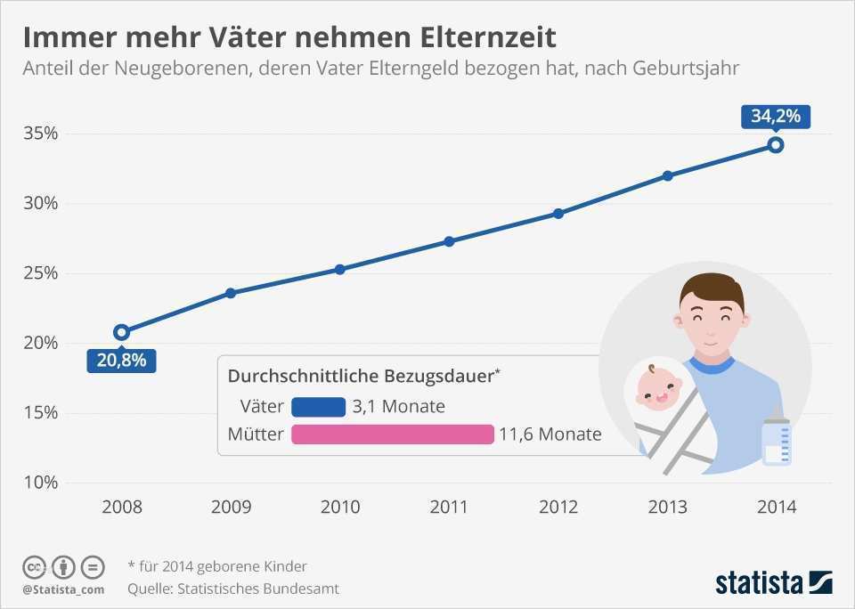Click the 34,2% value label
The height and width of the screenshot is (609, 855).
775,116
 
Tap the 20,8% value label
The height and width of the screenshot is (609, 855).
122,361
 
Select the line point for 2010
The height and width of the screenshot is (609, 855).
340,269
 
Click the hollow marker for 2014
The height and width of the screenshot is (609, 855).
776,144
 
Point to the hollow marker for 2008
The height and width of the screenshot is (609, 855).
122,332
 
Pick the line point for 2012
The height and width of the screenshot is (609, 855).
558,214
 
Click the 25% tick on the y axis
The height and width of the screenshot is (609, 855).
41,273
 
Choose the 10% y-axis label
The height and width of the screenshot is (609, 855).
41,483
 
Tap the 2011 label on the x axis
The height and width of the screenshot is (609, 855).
449,507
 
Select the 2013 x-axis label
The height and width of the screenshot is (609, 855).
667,507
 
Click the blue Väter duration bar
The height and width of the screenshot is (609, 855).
318,407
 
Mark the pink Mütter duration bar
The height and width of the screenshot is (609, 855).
392,434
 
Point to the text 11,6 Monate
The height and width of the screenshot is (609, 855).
550,434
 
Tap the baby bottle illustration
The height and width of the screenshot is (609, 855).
777,438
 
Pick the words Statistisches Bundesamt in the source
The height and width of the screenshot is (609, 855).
259,589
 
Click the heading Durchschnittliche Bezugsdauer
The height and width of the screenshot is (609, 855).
361,377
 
